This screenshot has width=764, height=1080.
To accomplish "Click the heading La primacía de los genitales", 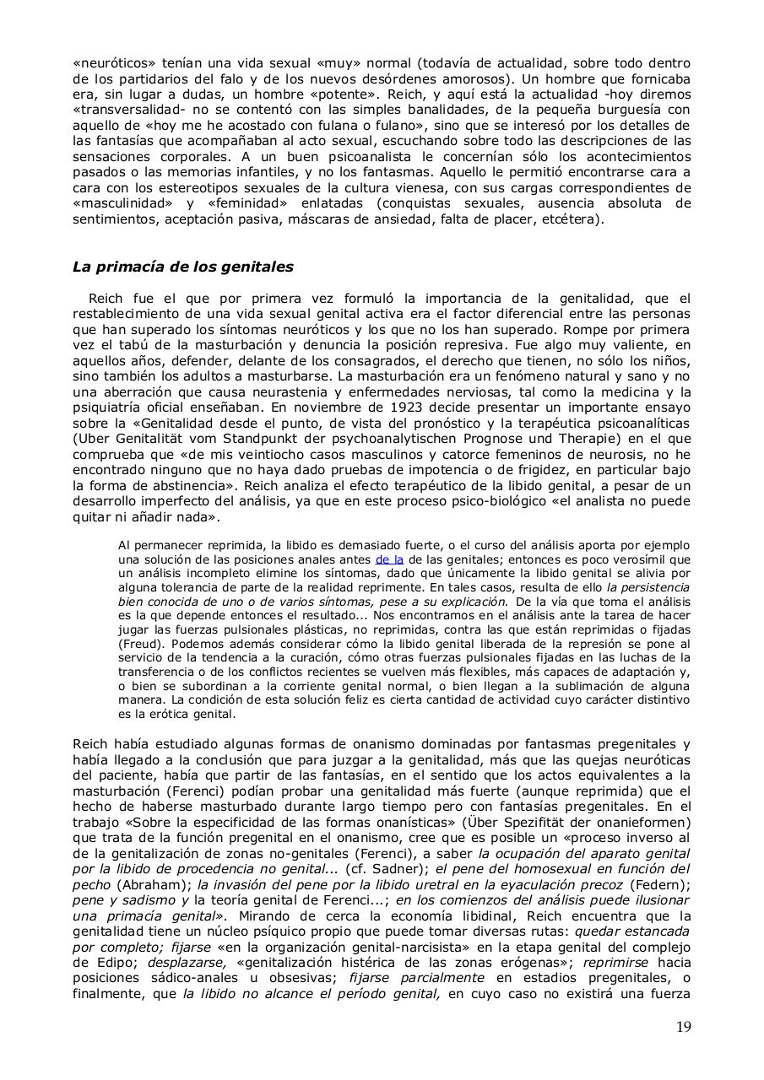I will tap(183, 267).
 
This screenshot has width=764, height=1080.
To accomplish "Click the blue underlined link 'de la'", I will tap(389, 559).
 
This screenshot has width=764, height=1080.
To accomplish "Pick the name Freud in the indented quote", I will tap(136, 644).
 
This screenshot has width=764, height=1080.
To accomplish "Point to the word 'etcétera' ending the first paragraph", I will tap(572, 219).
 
